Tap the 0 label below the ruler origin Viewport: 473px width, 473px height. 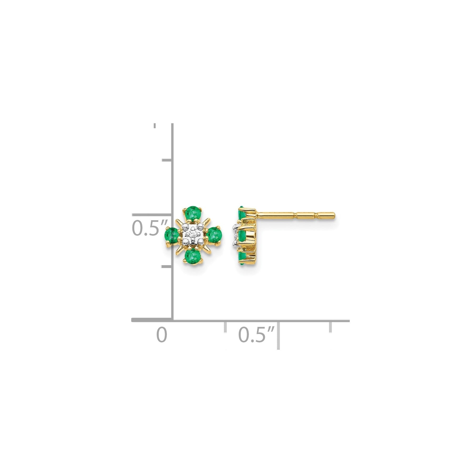[x=162, y=335]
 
